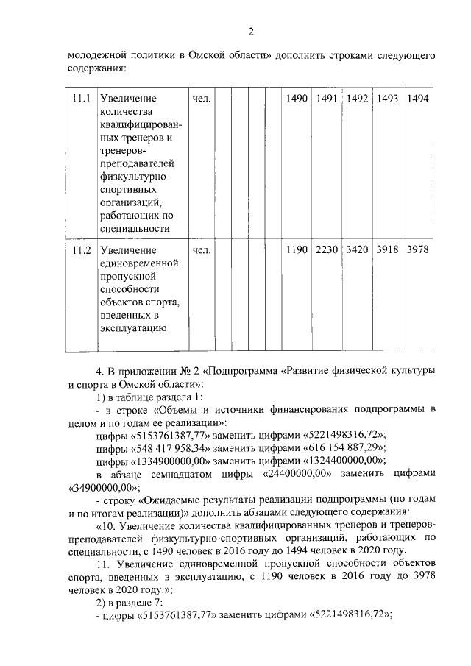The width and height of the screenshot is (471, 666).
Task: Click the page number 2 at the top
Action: (250, 32)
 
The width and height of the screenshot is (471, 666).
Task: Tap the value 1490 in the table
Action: (297, 99)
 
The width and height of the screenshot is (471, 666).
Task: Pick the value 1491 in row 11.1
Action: (327, 99)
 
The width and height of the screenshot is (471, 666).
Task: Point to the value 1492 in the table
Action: (358, 99)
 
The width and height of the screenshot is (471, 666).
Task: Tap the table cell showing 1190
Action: (297, 249)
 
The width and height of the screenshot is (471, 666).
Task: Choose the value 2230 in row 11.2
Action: (327, 249)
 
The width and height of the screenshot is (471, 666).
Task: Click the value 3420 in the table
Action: (358, 249)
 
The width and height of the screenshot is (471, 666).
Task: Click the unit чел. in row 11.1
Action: (202, 99)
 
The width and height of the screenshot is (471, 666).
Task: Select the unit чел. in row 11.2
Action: (202, 249)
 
